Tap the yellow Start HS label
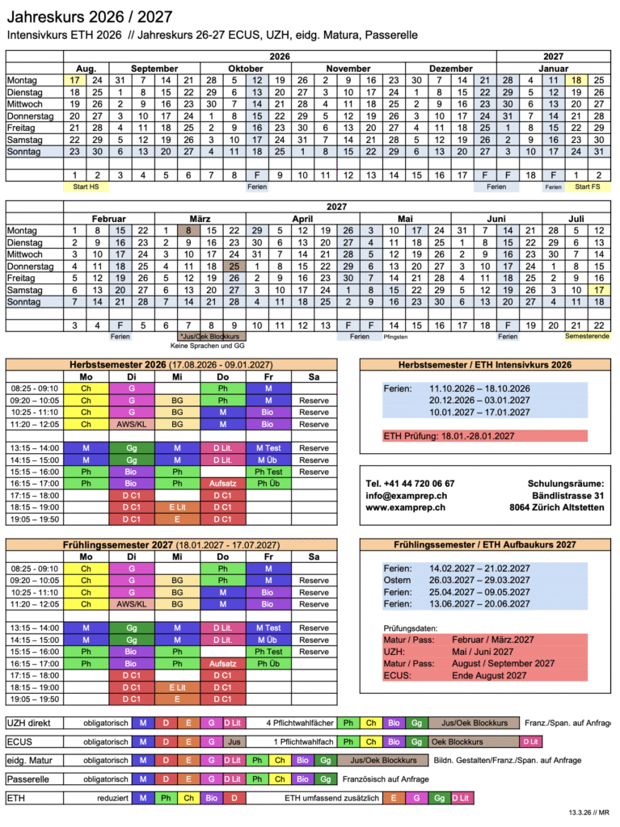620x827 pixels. [x=86, y=187]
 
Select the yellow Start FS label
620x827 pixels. [x=588, y=187]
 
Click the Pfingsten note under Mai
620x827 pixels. [x=395, y=335]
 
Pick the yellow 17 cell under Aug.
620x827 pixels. [x=74, y=80]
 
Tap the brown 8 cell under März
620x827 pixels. [x=188, y=230]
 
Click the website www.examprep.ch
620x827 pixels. [x=406, y=507]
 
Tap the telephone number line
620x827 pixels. [x=410, y=483]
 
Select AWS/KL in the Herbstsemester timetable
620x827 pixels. [x=131, y=423]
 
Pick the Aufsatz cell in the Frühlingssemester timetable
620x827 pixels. [x=222, y=663]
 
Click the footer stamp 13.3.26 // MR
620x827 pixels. [x=587, y=813]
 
